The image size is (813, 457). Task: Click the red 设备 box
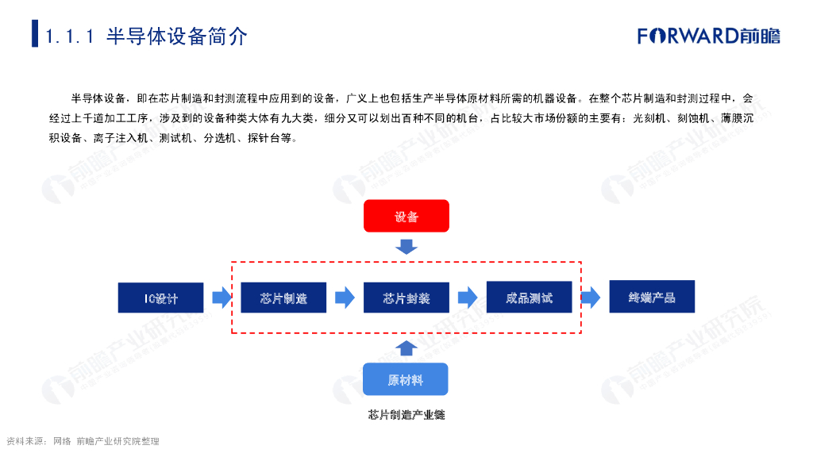click(x=406, y=216)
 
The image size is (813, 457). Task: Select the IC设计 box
click(x=161, y=298)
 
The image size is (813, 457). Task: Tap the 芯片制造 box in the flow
click(x=283, y=298)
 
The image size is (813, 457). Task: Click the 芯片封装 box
click(x=406, y=298)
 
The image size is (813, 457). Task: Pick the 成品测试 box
click(x=529, y=298)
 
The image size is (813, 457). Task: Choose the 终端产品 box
click(x=652, y=297)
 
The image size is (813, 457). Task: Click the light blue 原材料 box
click(x=406, y=379)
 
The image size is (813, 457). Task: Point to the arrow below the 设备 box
click(x=406, y=247)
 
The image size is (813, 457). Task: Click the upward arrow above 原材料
click(x=406, y=347)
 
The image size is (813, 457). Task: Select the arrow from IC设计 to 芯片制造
click(x=222, y=298)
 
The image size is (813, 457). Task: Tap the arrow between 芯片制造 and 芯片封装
click(x=345, y=298)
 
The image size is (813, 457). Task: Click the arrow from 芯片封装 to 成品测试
click(x=468, y=298)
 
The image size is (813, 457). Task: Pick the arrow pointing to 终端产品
click(x=590, y=298)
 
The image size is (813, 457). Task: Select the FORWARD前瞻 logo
click(x=709, y=36)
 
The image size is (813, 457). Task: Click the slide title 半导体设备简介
click(x=177, y=36)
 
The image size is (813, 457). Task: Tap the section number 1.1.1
click(x=71, y=36)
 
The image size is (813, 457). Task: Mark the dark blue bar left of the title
click(x=35, y=33)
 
